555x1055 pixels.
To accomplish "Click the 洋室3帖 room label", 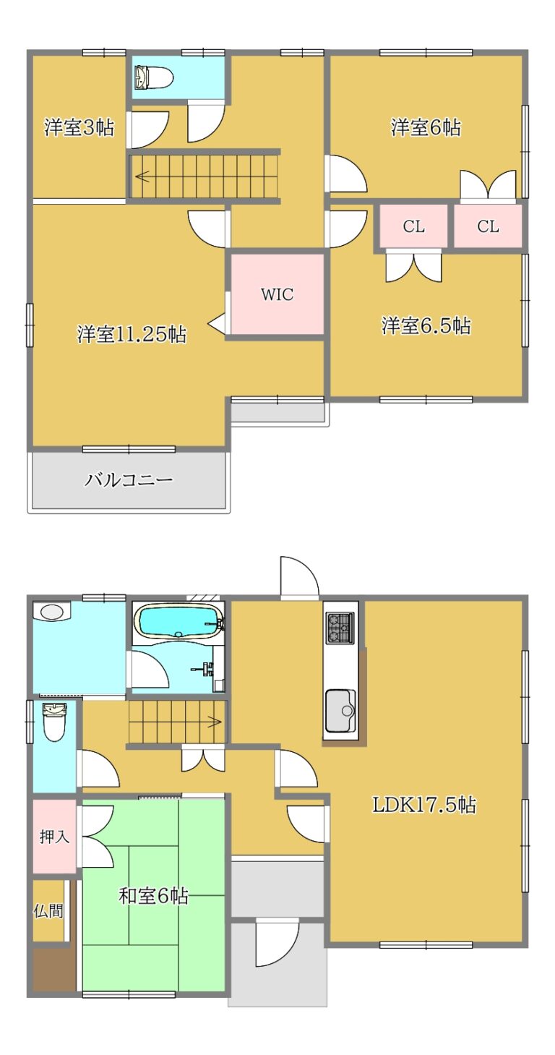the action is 79,127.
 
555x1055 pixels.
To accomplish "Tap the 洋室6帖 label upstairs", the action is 426,127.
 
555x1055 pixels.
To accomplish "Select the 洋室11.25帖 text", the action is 132,334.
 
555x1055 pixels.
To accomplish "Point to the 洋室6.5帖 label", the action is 426,325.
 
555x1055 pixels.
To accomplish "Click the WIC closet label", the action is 277,295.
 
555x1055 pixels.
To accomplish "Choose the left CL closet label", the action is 413,226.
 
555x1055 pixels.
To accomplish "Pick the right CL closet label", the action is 488,226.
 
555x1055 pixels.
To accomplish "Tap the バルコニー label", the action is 129,480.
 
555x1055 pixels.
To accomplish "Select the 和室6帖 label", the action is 153,895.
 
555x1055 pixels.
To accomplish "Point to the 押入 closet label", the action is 55,836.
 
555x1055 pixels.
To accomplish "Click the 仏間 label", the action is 48,910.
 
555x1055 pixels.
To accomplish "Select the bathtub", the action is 178,622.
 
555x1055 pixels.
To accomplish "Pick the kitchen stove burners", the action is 340,628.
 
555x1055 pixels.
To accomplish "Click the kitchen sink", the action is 340,711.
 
